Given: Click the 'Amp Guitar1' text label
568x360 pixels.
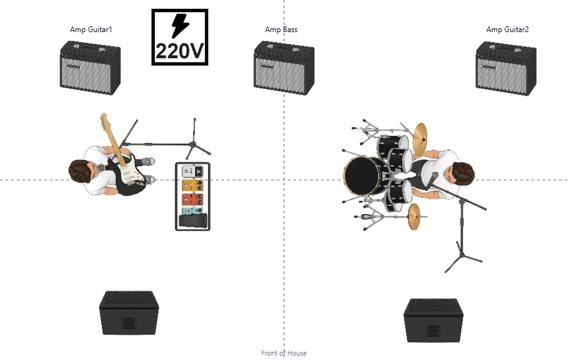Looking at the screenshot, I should [91, 30].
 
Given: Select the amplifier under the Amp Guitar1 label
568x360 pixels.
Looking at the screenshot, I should [90, 69].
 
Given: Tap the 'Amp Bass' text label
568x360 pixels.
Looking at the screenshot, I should [281, 30].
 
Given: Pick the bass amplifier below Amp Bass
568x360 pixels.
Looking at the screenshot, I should [284, 69].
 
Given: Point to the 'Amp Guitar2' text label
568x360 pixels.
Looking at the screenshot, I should [508, 30].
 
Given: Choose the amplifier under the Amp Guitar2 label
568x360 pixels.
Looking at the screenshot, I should [506, 69].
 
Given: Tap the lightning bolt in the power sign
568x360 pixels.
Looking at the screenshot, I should [180, 26].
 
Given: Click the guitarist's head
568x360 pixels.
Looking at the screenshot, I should [81, 171].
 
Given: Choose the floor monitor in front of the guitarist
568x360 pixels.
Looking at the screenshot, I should [129, 313].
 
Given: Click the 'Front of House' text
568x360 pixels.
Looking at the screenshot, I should [284, 354].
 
